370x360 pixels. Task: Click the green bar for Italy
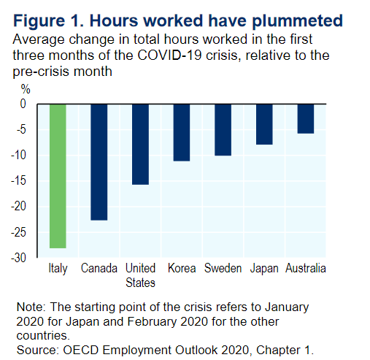tap(58, 176)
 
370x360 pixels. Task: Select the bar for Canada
tap(99, 162)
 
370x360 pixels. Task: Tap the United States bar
tap(140, 145)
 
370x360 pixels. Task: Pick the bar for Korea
tap(182, 133)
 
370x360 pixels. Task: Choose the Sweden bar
tap(223, 130)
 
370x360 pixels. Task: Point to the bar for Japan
tap(264, 124)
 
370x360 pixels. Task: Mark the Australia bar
tap(306, 119)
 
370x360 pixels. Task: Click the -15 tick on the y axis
tap(18, 180)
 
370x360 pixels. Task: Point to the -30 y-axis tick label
tap(18, 258)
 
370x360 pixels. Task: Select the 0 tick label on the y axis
tap(23, 104)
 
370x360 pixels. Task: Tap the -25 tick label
tap(18, 232)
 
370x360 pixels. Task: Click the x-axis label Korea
tap(182, 268)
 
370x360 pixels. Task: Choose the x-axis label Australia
tap(306, 268)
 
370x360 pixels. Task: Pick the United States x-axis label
tap(140, 275)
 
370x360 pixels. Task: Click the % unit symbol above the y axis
tap(26, 89)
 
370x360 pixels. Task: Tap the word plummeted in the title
tap(297, 21)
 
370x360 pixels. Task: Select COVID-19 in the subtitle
tap(169, 55)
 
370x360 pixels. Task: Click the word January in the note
tap(287, 307)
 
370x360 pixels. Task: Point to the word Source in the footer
tap(37, 351)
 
